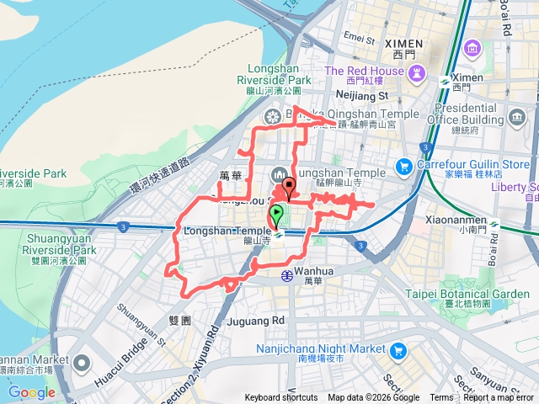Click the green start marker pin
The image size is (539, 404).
point(276,215)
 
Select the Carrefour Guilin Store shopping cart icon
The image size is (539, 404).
point(404,165)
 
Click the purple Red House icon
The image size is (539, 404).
point(415,75)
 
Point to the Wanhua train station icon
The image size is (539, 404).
point(287,274)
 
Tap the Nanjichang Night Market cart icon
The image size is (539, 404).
point(398,349)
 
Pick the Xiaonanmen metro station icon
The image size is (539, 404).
point(494,224)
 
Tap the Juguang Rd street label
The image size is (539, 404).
point(256,321)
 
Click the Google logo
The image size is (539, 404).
point(31,392)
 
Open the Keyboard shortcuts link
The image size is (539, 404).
point(282,398)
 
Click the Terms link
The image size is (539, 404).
point(441,398)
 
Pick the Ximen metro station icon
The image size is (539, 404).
point(444,80)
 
